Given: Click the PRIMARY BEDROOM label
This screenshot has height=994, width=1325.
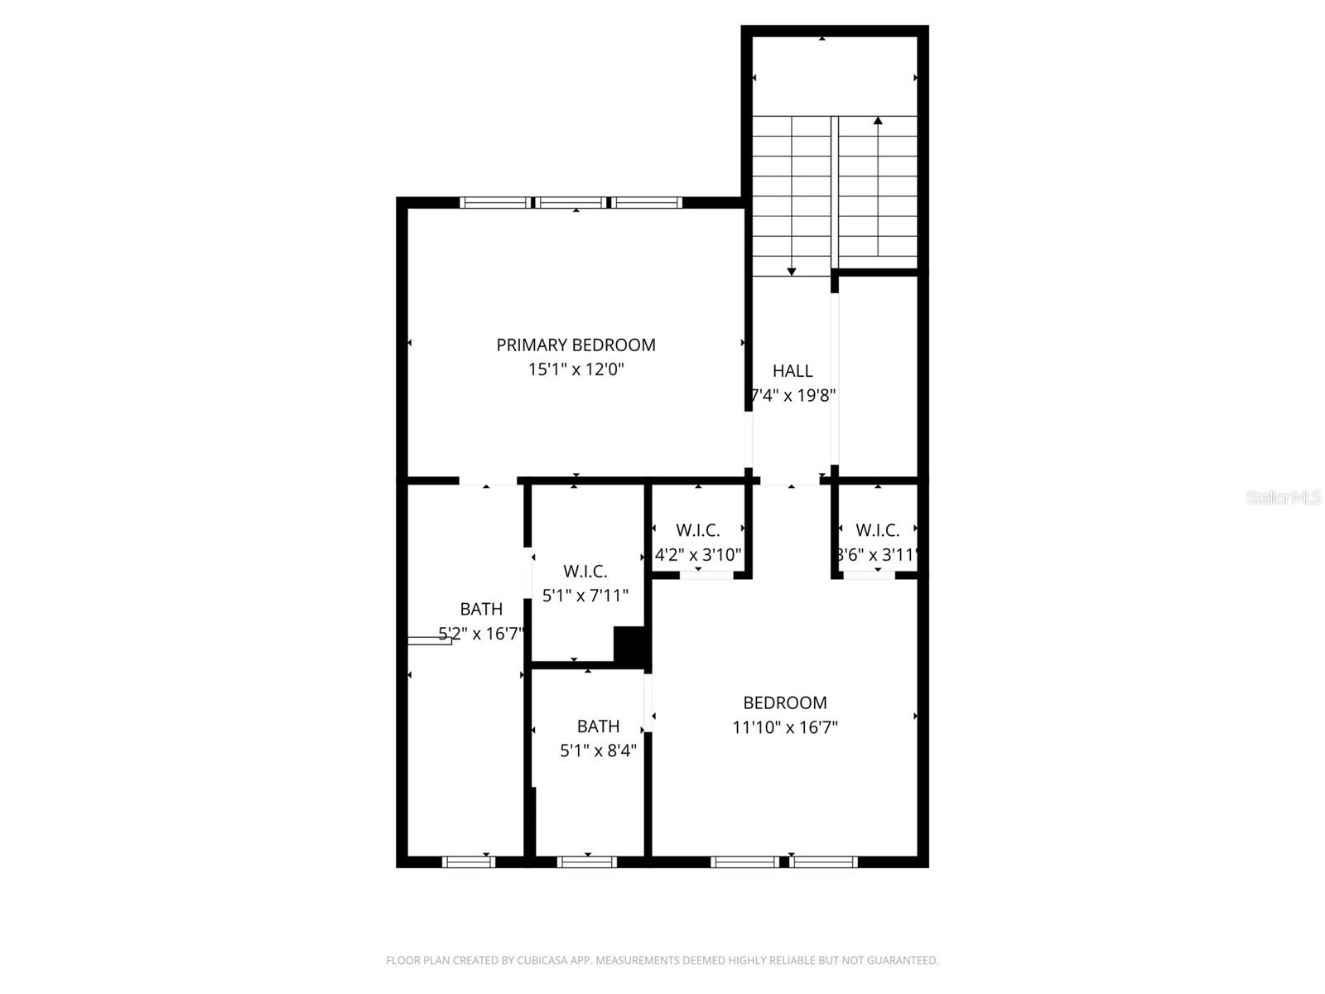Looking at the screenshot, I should pyautogui.click(x=576, y=345).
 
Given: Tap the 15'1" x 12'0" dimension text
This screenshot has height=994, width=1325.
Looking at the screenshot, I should pyautogui.click(x=576, y=369).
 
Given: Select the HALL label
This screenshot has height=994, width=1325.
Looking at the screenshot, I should pyautogui.click(x=793, y=371).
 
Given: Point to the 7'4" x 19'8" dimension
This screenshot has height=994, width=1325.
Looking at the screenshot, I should pyautogui.click(x=793, y=395).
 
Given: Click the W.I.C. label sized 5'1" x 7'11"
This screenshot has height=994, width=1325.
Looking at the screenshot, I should pyautogui.click(x=585, y=572).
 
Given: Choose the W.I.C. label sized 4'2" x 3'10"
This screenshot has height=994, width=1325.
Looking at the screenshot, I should pyautogui.click(x=698, y=530).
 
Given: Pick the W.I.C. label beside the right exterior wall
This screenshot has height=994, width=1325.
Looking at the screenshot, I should pyautogui.click(x=877, y=530).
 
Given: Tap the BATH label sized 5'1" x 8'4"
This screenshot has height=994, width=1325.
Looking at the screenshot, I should pyautogui.click(x=598, y=726).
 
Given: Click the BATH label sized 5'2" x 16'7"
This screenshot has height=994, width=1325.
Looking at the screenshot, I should pyautogui.click(x=481, y=610).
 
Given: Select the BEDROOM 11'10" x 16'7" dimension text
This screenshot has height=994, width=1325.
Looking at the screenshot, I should pyautogui.click(x=785, y=728).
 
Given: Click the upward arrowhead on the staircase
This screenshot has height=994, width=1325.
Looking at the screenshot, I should pyautogui.click(x=878, y=121).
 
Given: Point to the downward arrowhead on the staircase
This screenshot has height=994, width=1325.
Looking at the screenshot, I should pyautogui.click(x=792, y=271).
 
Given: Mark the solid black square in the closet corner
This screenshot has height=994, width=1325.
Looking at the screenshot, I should pyautogui.click(x=630, y=644).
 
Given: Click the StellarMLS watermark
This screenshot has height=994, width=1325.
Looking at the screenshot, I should pyautogui.click(x=1284, y=498).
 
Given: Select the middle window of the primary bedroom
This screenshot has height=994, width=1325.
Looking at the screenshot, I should pyautogui.click(x=570, y=202).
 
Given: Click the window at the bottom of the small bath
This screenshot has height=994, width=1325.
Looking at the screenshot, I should pyautogui.click(x=587, y=862).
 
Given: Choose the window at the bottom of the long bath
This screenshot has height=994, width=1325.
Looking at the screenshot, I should pyautogui.click(x=469, y=862).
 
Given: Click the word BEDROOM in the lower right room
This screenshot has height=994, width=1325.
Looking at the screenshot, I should pyautogui.click(x=785, y=703).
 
